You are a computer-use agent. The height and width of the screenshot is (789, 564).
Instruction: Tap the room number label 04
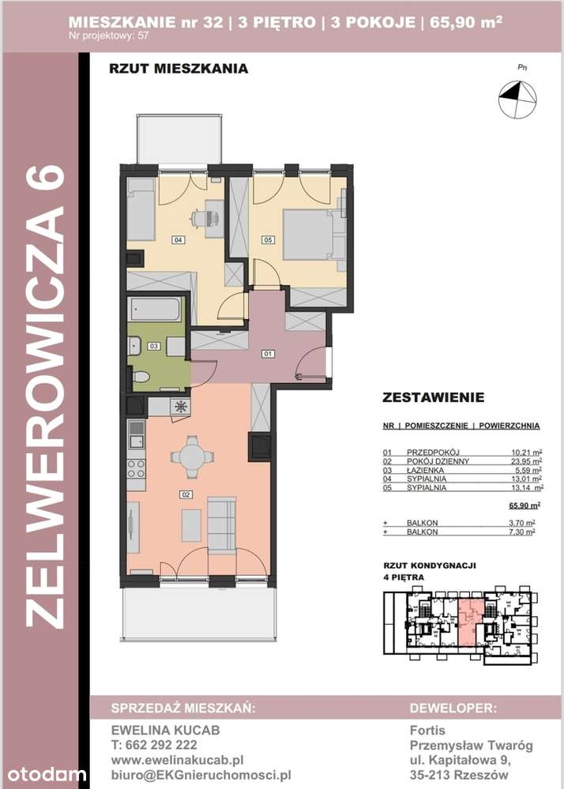tap(179, 239)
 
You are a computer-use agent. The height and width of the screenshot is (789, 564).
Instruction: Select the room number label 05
tap(268, 239)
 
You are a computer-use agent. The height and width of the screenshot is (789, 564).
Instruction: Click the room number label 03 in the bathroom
tap(155, 345)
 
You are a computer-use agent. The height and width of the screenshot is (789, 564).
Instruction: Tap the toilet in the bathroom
tap(140, 377)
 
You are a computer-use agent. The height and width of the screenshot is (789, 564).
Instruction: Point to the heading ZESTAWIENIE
tap(433, 397)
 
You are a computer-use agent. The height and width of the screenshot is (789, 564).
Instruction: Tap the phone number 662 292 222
tap(155, 744)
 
